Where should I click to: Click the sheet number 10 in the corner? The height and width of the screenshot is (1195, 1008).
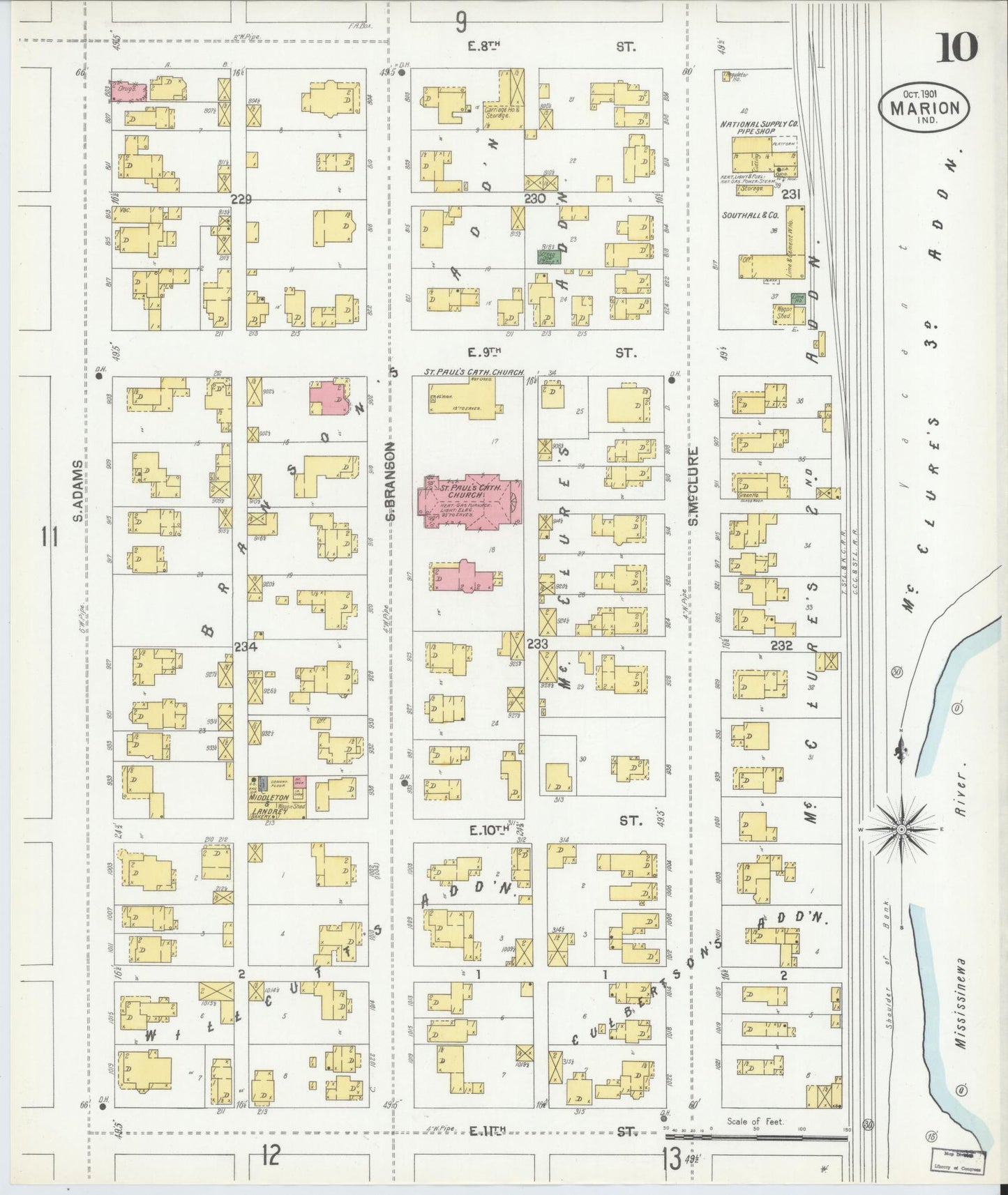[958, 48]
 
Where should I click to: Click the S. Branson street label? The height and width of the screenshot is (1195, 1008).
[391, 481]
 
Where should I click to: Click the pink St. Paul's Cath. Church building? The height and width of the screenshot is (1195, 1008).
[469, 502]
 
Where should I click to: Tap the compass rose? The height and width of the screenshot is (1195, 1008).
[901, 829]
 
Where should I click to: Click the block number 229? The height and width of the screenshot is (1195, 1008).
[241, 199]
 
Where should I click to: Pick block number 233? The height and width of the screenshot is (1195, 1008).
[537, 643]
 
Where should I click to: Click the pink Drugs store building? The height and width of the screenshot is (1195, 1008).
[129, 92]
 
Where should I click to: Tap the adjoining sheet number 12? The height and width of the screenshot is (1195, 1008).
[271, 1157]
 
